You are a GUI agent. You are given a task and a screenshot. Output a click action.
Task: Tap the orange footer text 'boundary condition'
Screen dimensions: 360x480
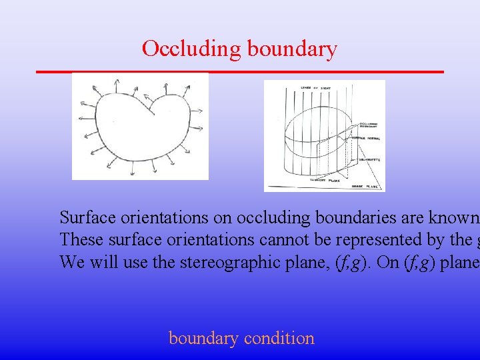(x=241, y=338)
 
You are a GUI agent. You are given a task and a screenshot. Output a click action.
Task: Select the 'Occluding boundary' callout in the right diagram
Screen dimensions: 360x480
(x=369, y=125)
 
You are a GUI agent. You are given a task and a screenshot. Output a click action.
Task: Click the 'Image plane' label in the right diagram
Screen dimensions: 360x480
(x=365, y=186)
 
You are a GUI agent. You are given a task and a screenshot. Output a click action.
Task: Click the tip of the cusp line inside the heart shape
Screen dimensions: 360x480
(x=155, y=114)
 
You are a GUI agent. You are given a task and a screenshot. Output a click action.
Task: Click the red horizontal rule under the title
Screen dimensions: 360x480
(x=239, y=71)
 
